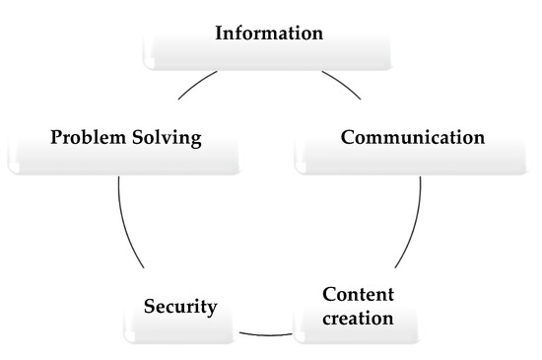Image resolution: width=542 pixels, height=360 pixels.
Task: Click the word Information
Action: pyautogui.click(x=269, y=34)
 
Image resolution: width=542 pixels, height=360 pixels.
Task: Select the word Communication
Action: pyautogui.click(x=412, y=137)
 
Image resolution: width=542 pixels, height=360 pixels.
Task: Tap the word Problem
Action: pyautogui.click(x=90, y=137)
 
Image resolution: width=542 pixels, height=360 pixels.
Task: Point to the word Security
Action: pyautogui.click(x=179, y=306)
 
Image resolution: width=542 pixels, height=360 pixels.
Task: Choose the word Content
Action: pyautogui.click(x=359, y=295)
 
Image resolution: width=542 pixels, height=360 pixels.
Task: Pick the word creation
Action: pyautogui.click(x=359, y=319)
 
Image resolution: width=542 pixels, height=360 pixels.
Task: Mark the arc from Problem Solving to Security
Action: pyautogui.click(x=125, y=227)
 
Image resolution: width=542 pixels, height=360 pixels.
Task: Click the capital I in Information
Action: pyautogui.click(x=220, y=34)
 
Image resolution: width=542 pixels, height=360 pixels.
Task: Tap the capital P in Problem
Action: pyautogui.click(x=56, y=137)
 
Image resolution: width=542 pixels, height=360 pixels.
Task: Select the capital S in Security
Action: pyautogui.click(x=148, y=306)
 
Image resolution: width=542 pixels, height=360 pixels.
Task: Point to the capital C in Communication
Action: pyautogui.click(x=348, y=137)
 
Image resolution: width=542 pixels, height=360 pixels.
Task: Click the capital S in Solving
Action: pyautogui.click(x=140, y=137)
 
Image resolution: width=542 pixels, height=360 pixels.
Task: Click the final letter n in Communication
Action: pyautogui.click(x=478, y=137)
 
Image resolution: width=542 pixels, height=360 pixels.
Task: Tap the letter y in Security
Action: pyautogui.click(x=211, y=308)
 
